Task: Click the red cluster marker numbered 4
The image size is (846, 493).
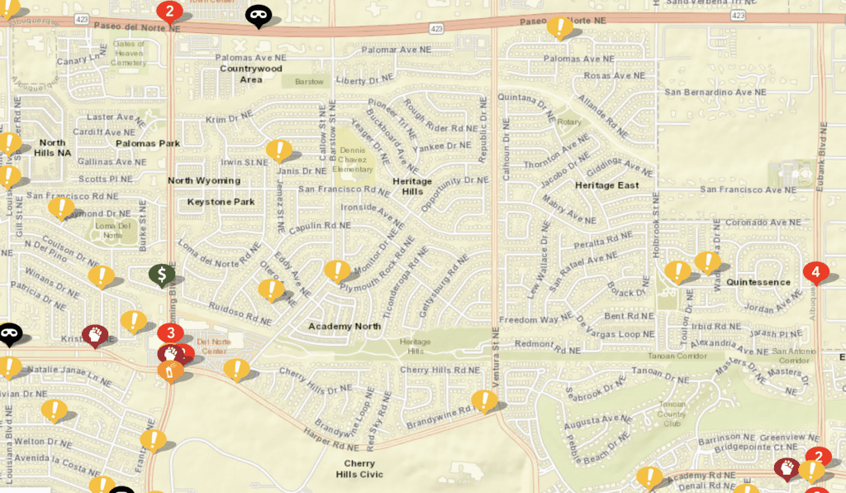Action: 815,271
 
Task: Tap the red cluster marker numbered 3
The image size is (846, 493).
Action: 170,333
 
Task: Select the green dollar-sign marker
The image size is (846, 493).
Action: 162,274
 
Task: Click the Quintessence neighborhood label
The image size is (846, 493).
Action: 758,282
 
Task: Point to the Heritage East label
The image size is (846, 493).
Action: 607,185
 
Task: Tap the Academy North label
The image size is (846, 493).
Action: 345,326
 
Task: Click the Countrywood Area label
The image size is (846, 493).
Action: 251,74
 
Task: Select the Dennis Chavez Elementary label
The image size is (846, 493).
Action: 353,160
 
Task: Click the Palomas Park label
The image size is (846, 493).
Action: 148,143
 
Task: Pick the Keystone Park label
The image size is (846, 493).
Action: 221,201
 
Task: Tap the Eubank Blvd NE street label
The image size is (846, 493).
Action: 821,157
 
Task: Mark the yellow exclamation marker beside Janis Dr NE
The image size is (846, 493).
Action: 278,151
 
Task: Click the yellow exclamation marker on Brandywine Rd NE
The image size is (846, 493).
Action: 483,401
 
